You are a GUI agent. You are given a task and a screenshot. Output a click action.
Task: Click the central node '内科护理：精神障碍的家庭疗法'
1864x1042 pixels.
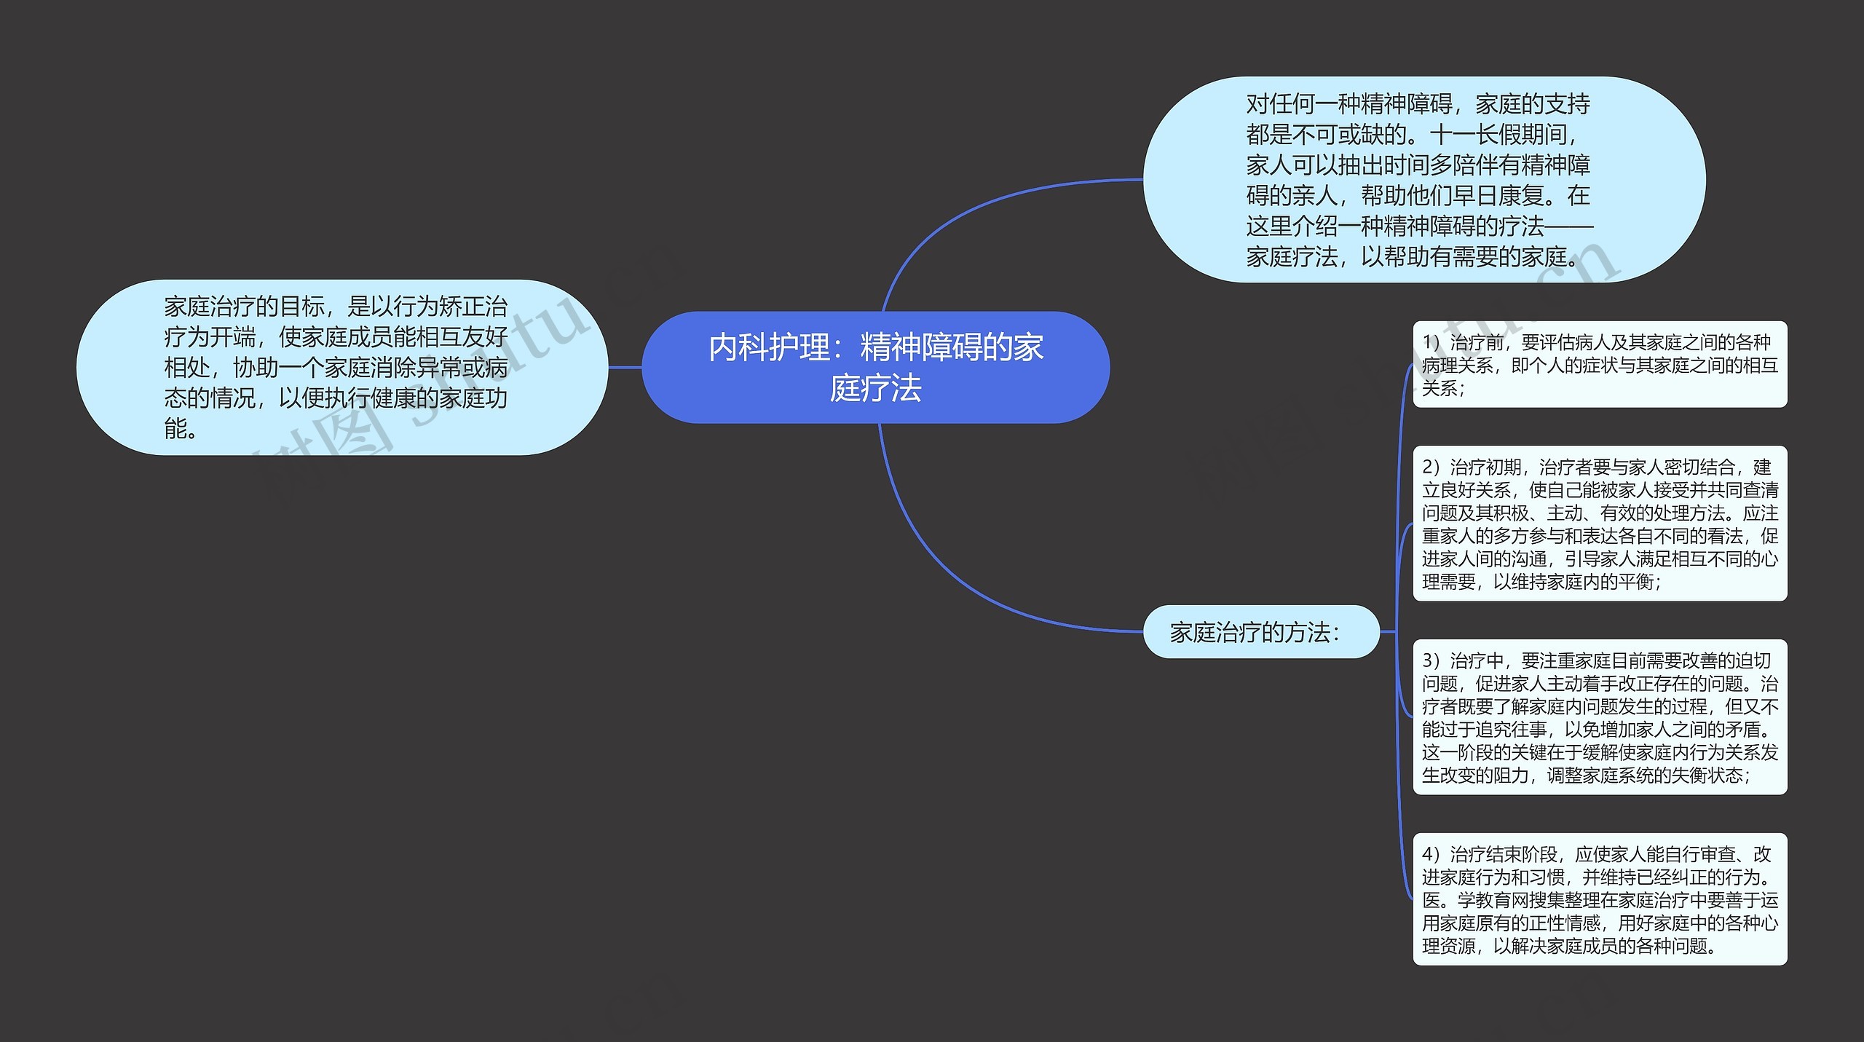click(x=875, y=367)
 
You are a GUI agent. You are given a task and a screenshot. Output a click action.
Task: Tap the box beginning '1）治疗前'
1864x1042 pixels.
click(x=1599, y=364)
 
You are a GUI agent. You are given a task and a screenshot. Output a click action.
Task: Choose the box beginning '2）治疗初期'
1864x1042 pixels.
click(x=1599, y=524)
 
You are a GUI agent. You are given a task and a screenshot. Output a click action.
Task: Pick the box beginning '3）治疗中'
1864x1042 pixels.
click(x=1599, y=717)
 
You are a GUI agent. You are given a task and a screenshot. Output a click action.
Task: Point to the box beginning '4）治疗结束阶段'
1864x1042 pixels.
click(x=1599, y=899)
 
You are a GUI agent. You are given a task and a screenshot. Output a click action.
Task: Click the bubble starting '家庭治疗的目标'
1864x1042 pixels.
click(x=341, y=367)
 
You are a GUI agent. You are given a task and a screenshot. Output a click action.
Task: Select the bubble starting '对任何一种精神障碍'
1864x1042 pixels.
click(x=1423, y=180)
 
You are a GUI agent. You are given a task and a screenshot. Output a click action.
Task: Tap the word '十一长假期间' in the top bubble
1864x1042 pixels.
click(x=1500, y=135)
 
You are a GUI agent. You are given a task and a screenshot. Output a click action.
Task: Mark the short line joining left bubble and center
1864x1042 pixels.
click(x=625, y=368)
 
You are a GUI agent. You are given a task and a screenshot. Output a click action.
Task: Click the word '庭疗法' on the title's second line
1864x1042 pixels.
click(x=875, y=388)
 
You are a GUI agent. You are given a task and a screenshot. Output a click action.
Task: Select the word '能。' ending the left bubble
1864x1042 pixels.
click(x=181, y=429)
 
